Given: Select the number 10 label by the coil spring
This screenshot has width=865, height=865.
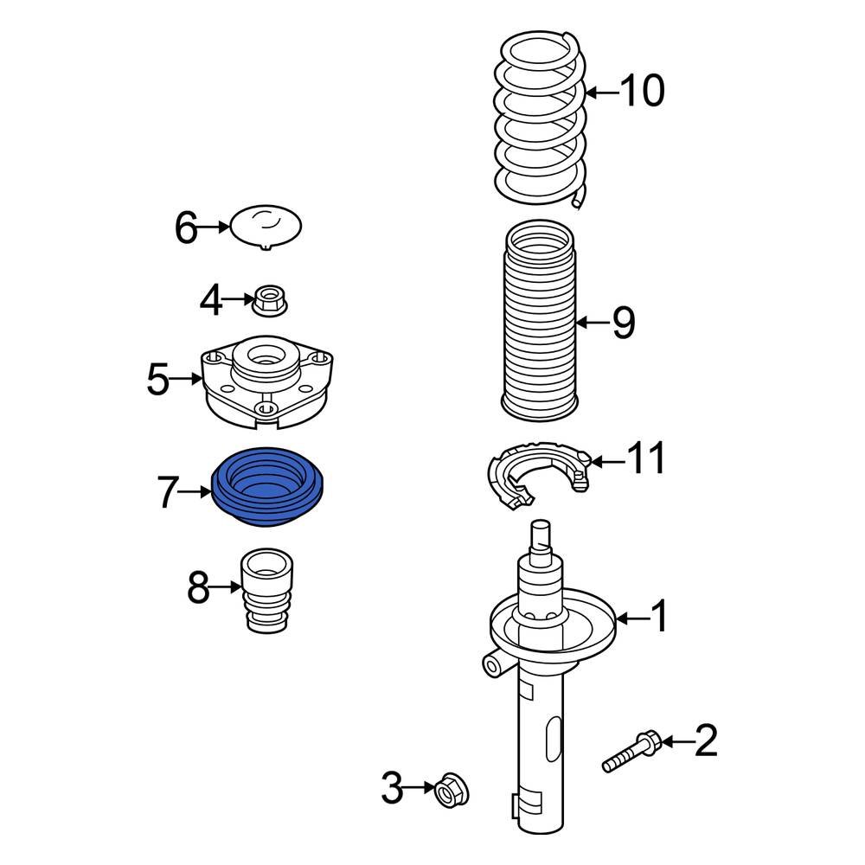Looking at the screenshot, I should coord(642,91).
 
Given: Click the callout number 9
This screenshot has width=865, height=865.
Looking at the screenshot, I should coord(623,324).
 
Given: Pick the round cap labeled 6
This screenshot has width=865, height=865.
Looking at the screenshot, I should coord(266,227).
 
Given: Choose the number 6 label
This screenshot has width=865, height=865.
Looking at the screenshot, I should coord(186,229).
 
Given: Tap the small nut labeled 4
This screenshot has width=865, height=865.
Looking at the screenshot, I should coord(271,302).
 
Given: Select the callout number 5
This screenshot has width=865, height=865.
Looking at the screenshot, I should coord(157,379).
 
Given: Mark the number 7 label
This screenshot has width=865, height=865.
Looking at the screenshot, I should coord(170,493).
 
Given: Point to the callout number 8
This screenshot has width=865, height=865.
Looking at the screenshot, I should coord(198,589).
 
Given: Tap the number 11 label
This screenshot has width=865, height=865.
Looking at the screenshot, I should coord(648,459).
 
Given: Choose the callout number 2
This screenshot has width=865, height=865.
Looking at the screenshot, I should coord(706,741).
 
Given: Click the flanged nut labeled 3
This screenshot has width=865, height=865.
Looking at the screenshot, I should coord(450,790).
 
